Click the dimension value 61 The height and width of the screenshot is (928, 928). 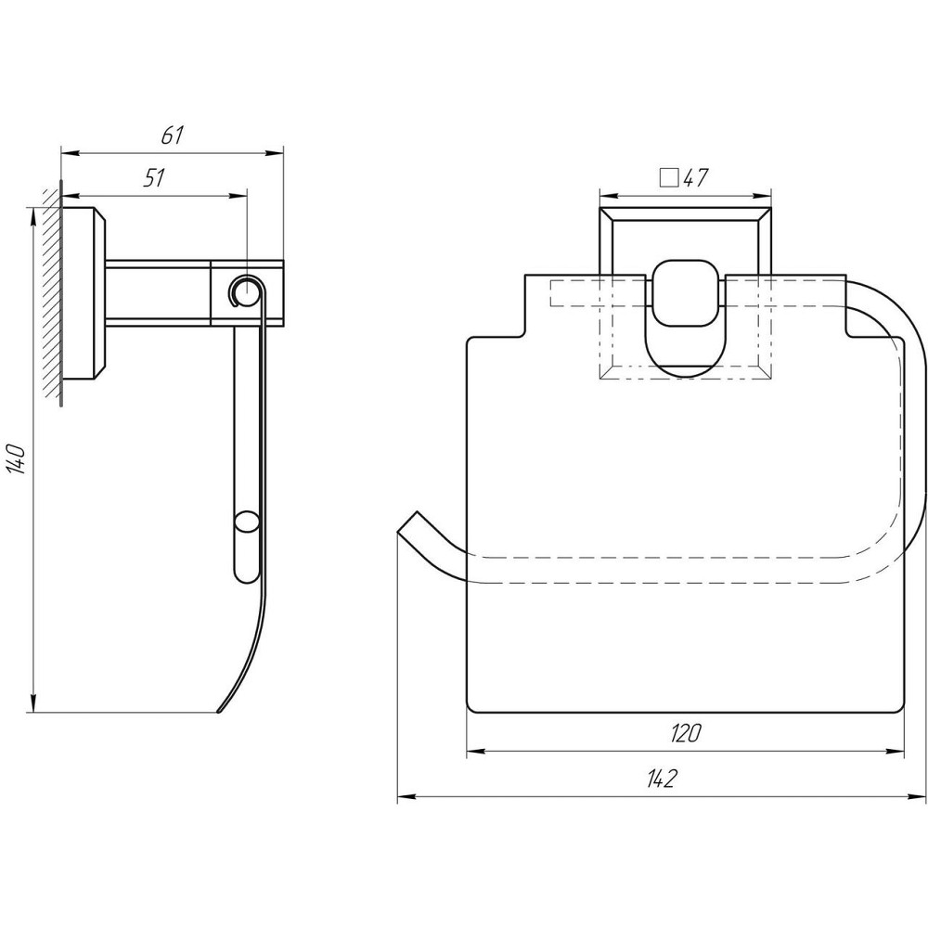tap(173, 135)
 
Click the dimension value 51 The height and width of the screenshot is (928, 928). tap(153, 177)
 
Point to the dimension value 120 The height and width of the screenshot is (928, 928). tap(686, 733)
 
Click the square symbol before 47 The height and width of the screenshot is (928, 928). tap(669, 177)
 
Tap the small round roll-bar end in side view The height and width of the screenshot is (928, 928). tap(246, 523)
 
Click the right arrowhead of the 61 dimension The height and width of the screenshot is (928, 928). tap(276, 154)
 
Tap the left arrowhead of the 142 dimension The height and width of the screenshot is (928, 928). tap(406, 796)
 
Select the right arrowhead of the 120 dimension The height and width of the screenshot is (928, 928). tap(895, 752)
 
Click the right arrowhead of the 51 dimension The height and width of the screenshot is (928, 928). tap(238, 196)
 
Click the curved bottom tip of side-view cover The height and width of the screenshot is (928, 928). tap(220, 710)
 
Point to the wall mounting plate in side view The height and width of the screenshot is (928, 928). tap(84, 293)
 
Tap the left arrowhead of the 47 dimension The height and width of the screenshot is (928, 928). tap(609, 196)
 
